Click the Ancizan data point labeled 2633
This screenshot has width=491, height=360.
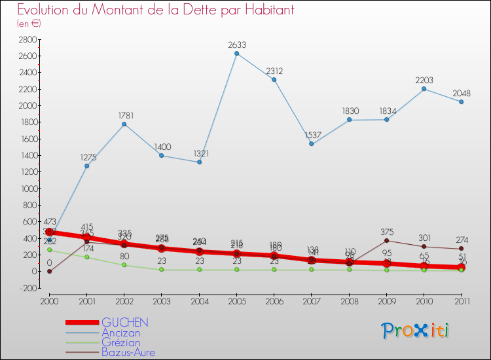236,53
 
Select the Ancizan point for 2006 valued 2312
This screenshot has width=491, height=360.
274,80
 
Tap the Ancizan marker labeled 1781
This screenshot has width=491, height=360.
124,124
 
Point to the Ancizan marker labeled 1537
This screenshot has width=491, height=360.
311,144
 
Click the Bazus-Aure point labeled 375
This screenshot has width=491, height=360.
386,240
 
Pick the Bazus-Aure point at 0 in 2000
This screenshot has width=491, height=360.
49,271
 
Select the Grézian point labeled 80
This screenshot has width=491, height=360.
124,264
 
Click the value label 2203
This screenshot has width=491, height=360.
424,80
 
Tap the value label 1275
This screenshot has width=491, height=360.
86,157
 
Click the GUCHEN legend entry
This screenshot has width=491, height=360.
124,322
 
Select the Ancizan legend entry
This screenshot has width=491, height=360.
120,333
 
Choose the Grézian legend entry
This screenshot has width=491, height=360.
120,342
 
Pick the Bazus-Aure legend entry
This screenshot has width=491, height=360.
128,352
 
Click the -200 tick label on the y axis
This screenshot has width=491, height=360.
28,288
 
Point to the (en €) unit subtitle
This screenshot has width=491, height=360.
29,24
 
